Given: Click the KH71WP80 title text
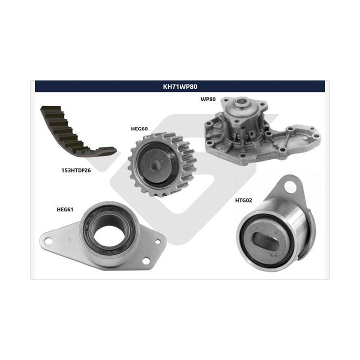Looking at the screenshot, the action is point(180,86).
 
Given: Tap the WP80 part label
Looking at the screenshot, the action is point(208,99).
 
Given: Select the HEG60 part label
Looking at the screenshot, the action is point(139,129).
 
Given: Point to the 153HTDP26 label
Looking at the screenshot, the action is point(76,170).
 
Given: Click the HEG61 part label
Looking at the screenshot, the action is point(65,209).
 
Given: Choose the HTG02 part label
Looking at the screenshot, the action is point(243,200).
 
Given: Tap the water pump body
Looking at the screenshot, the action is point(261,131).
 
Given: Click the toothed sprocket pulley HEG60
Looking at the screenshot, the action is point(162,164).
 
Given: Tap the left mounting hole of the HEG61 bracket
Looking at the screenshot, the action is point(48,241).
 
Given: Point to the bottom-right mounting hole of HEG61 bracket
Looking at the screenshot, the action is point(146,261).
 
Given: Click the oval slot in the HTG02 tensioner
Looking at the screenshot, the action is point(266,240).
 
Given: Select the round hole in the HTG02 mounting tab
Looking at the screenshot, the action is point(290,186).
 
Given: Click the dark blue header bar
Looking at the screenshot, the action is point(180,86).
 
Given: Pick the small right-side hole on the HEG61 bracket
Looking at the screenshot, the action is point(158,241).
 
